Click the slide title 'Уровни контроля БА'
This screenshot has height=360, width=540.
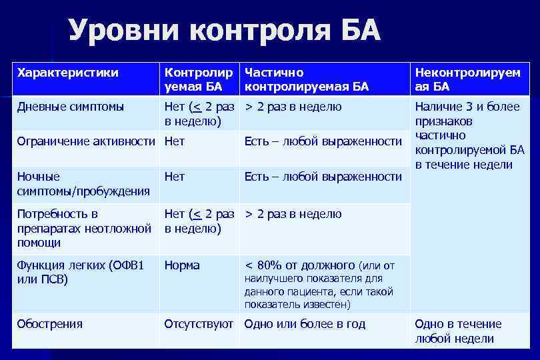pyautogui.click(x=224, y=31)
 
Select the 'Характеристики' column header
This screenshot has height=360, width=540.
pyautogui.click(x=67, y=72)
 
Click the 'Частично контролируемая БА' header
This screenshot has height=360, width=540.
pyautogui.click(x=306, y=79)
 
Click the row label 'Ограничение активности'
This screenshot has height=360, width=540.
pyautogui.click(x=87, y=141)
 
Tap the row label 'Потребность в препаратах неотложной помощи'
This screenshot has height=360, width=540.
pyautogui.click(x=83, y=228)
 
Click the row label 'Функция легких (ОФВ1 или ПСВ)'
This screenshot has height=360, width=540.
pyautogui.click(x=79, y=272)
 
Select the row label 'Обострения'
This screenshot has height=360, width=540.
pyautogui.click(x=50, y=324)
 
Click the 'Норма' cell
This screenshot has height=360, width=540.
pyautogui.click(x=182, y=265)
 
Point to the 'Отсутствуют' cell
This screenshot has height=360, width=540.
pyautogui.click(x=199, y=324)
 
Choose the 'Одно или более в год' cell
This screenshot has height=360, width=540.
pyautogui.click(x=305, y=324)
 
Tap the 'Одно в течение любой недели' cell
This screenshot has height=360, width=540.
pyautogui.click(x=458, y=331)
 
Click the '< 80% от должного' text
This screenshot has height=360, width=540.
pyautogui.click(x=300, y=265)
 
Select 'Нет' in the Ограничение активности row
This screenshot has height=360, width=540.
pyautogui.click(x=175, y=141)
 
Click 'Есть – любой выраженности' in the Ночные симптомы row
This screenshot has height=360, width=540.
pyautogui.click(x=323, y=177)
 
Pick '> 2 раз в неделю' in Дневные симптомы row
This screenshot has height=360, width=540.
pyautogui.click(x=293, y=107)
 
